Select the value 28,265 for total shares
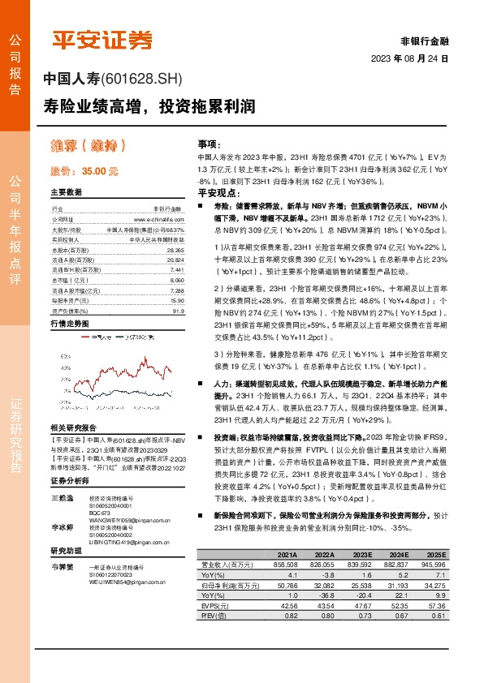(174, 251)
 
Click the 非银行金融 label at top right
(424, 40)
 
